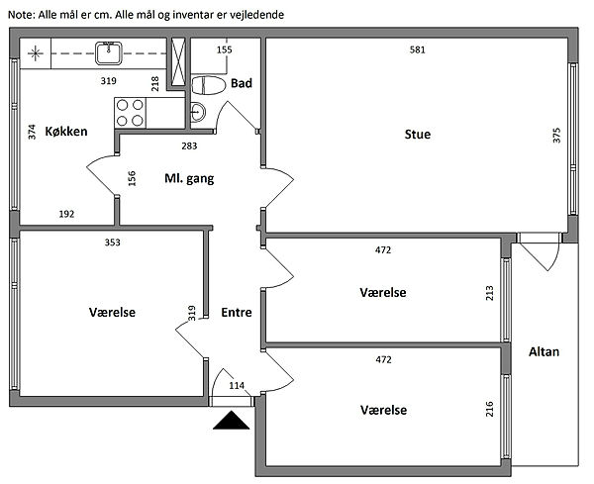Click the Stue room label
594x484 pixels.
[417, 135]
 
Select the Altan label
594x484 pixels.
[545, 351]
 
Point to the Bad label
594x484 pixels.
[241, 84]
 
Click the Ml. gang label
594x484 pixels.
[189, 179]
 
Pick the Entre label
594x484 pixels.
[236, 312]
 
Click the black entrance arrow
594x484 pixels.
[231, 422]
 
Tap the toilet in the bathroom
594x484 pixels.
[209, 85]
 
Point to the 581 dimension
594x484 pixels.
[419, 49]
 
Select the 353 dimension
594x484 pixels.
[113, 242]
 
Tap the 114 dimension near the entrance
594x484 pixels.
[237, 385]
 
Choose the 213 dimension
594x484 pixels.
[489, 293]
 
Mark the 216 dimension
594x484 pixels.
[489, 408]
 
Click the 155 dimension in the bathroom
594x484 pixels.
[224, 49]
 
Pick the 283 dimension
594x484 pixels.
[189, 146]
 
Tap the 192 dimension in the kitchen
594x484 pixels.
[66, 214]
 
